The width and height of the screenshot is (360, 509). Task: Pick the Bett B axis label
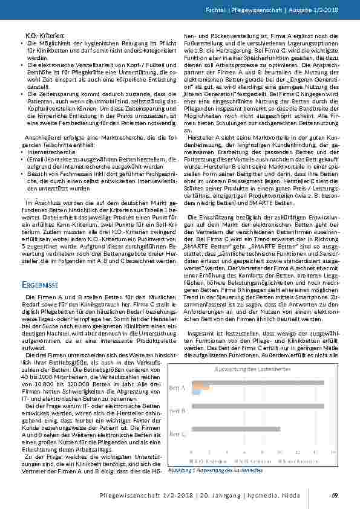[178, 410]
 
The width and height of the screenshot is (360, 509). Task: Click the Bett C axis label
[178, 433]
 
